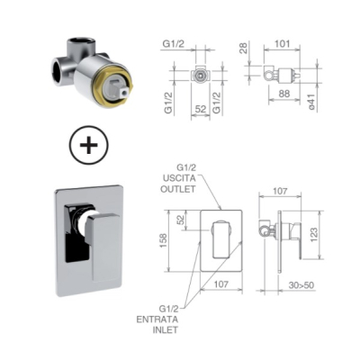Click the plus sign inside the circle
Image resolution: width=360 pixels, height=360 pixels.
(89, 145)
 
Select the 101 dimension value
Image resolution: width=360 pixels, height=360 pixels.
(283, 44)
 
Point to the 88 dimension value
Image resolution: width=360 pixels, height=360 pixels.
(283, 94)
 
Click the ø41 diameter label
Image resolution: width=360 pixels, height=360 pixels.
(311, 101)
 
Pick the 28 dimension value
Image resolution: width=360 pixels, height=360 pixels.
(244, 49)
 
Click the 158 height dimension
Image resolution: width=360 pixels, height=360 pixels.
(164, 241)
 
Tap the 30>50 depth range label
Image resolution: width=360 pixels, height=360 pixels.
(301, 285)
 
